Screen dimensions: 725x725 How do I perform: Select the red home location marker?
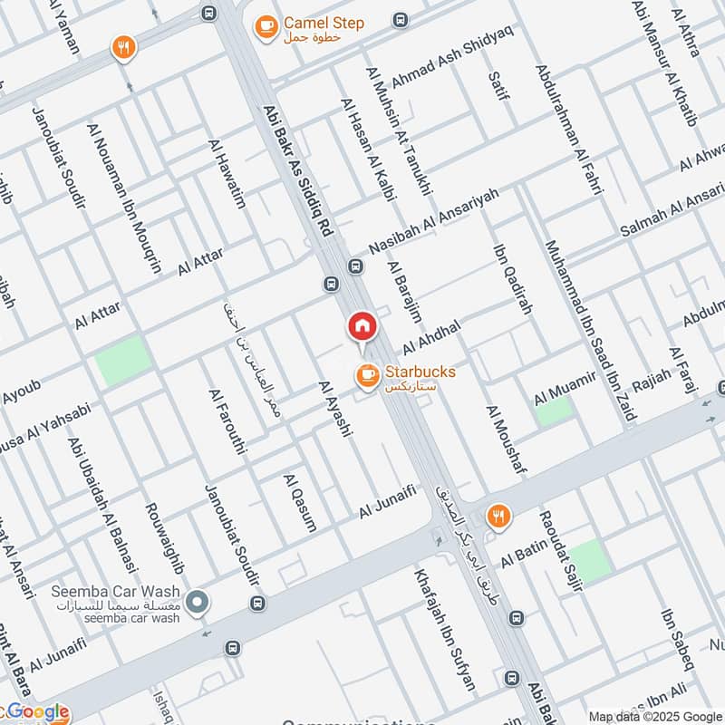(362, 327)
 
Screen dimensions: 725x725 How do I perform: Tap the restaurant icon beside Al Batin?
(498, 517)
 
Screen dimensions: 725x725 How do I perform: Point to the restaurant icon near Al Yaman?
(123, 48)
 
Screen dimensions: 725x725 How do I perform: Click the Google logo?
(36, 712)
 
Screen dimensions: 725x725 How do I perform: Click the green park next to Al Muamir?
(553, 411)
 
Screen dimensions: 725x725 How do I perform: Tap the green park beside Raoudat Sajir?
(590, 561)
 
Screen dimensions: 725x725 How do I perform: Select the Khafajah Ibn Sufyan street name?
(445, 629)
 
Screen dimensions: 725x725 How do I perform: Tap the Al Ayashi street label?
(334, 411)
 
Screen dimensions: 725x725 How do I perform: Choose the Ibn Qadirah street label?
(512, 279)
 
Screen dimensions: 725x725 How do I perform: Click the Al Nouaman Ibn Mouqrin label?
(124, 198)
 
